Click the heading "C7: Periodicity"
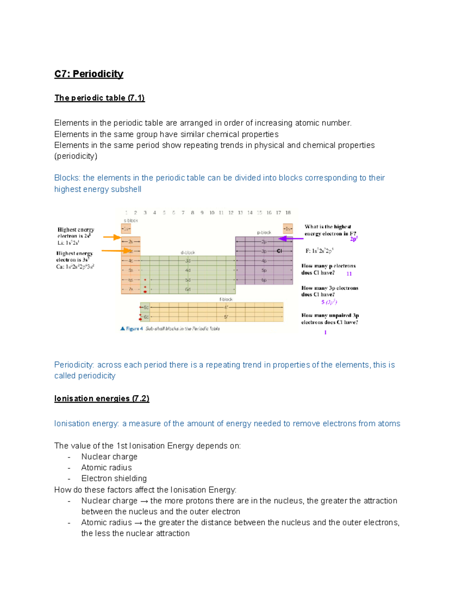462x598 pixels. [89, 74]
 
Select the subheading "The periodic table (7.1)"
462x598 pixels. [99, 98]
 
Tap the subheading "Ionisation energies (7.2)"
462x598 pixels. [102, 399]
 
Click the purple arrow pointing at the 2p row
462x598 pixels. [291, 239]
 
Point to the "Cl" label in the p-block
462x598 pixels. [280, 251]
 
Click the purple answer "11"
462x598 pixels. [349, 274]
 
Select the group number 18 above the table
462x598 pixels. [288, 213]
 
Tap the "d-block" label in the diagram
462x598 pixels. [188, 253]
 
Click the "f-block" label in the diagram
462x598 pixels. [226, 299]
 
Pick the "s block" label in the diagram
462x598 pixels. [131, 221]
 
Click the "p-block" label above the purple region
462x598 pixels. [264, 233]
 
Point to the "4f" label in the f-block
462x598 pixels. [226, 307]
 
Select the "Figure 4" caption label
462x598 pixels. [134, 329]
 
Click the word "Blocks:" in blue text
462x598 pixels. [67, 178]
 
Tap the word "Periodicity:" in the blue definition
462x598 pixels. [74, 365]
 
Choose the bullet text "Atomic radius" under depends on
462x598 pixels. [107, 467]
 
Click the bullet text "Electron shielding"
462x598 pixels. [114, 478]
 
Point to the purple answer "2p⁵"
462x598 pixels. [354, 239]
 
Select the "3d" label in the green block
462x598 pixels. [188, 261]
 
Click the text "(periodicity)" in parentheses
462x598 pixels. [76, 156]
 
